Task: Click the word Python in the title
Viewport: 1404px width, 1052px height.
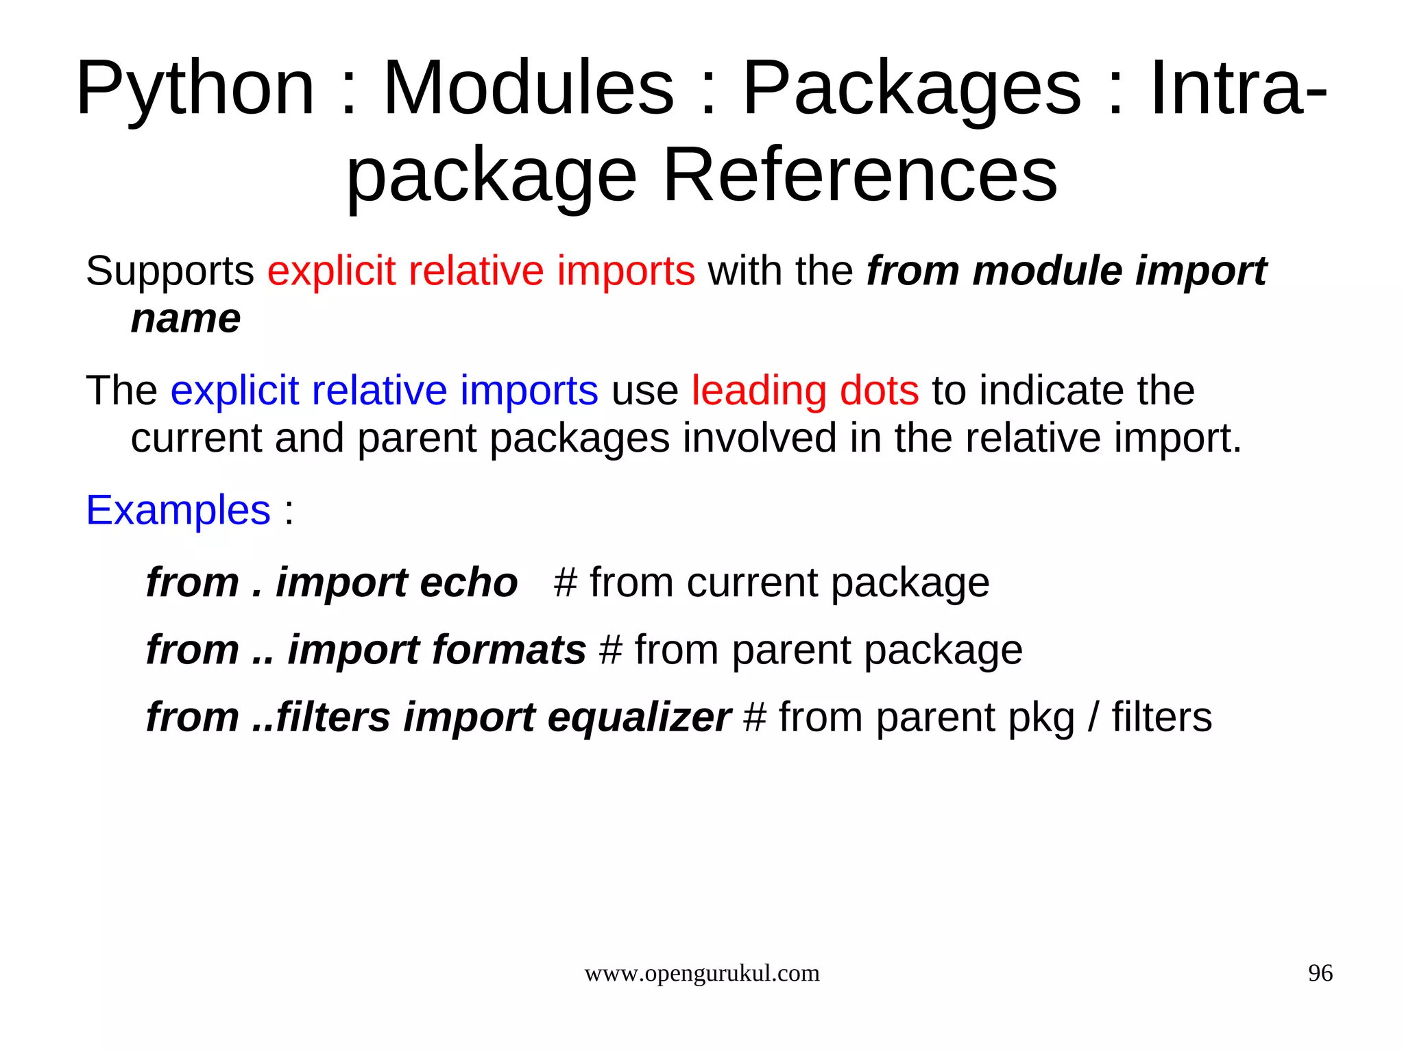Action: (x=195, y=89)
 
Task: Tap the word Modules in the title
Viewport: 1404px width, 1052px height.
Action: (x=529, y=89)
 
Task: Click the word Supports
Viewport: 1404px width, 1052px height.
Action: (x=170, y=271)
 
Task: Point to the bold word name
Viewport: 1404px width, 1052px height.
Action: (x=186, y=319)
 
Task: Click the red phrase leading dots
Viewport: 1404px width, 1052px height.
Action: (x=805, y=391)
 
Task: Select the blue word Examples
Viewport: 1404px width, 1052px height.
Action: (x=178, y=510)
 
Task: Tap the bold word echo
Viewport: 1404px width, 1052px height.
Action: (x=468, y=583)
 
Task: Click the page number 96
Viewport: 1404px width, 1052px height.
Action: (x=1320, y=973)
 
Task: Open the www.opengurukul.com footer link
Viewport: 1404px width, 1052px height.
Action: (x=701, y=973)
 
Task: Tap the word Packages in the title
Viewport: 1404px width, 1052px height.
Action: (x=912, y=89)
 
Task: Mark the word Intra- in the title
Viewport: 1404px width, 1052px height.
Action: (x=1238, y=89)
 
